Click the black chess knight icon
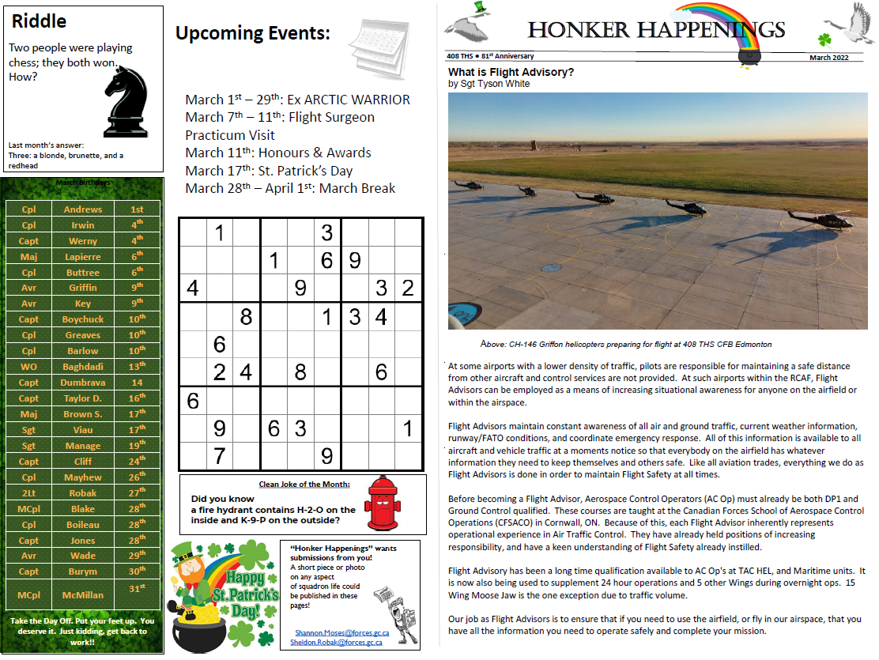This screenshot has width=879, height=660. click(x=126, y=100)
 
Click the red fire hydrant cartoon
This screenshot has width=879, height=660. click(x=383, y=503)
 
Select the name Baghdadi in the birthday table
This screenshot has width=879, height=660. click(x=82, y=367)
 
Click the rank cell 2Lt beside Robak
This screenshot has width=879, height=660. click(x=28, y=492)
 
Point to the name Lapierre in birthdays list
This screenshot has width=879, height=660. click(x=82, y=257)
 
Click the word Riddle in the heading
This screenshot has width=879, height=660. click(x=40, y=22)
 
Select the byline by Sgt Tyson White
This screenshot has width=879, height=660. click(x=489, y=84)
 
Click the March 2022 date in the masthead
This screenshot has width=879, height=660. click(x=828, y=58)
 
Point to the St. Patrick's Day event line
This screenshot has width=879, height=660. click(x=269, y=171)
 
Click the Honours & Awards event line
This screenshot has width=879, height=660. click(x=277, y=153)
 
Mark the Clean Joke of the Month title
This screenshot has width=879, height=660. click(x=304, y=485)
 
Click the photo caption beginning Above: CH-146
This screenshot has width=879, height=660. click(x=625, y=345)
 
